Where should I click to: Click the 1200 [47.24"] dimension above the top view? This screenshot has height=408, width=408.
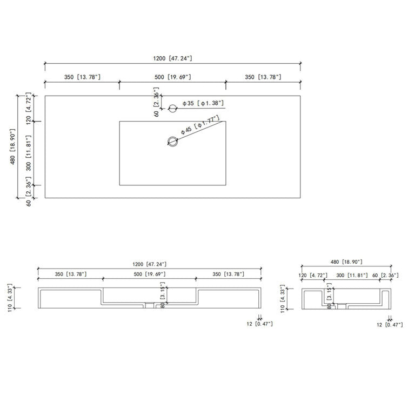(x=172, y=58)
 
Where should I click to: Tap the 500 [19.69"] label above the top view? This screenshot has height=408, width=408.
(x=172, y=77)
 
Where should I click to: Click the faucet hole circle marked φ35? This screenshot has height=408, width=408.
(x=172, y=108)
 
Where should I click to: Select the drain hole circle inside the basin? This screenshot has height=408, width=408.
(x=172, y=141)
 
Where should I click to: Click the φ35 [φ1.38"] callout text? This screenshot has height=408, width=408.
(x=203, y=103)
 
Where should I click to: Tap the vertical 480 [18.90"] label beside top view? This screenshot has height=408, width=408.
(x=13, y=146)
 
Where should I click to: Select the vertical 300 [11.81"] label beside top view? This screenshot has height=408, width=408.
(x=28, y=153)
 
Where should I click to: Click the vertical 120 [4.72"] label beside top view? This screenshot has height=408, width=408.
(x=28, y=109)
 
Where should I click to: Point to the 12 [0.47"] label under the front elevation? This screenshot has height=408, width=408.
(x=259, y=324)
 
